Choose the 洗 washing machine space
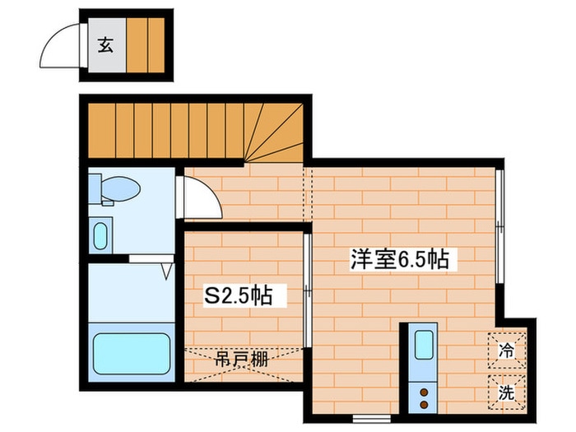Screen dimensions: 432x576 point(506,393)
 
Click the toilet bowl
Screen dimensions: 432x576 point(119,189)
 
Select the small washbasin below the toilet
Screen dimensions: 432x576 point(100,236)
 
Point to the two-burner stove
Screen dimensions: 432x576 point(423,397)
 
